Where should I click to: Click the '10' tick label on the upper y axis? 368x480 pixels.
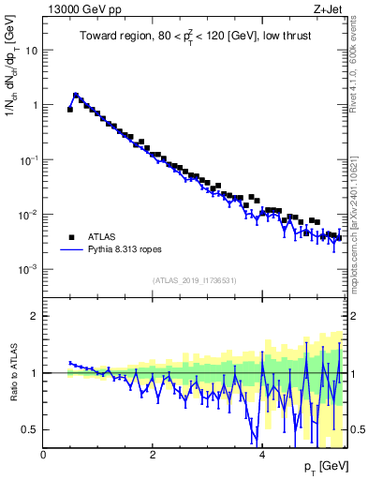[x=32, y=51]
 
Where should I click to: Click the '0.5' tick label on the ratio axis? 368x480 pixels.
[x=31, y=429]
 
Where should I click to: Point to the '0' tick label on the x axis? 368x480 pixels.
[x=43, y=455]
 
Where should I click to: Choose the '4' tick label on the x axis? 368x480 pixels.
[x=262, y=455]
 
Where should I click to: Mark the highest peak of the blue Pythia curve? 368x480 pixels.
[x=76, y=95]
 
